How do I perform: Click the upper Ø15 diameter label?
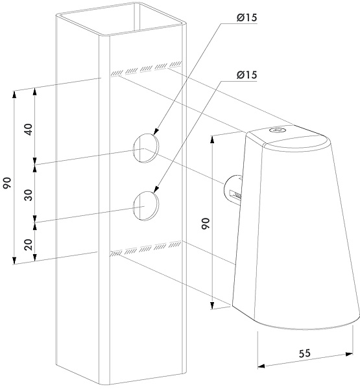246,18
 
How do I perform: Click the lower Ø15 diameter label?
246,75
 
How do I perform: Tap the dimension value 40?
29,130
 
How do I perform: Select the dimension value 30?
29,195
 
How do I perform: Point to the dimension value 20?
29,244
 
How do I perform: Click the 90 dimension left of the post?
7,183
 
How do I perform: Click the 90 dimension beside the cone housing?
206,224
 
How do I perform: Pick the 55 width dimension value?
305,353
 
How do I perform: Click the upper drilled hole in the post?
146,148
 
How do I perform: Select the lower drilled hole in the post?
146,206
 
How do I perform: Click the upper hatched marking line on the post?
147,68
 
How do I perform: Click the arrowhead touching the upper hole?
156,131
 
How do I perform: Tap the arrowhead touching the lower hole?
156,189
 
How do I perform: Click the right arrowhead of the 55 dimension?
349,354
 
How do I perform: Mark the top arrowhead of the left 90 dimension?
14,95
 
